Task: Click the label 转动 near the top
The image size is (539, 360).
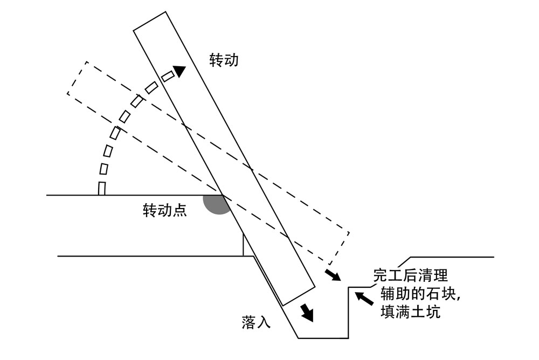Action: coord(224,60)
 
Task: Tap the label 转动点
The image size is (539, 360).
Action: coord(164,210)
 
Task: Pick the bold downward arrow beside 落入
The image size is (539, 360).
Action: coord(307,312)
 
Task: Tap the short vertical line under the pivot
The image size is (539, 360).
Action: coord(244,245)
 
